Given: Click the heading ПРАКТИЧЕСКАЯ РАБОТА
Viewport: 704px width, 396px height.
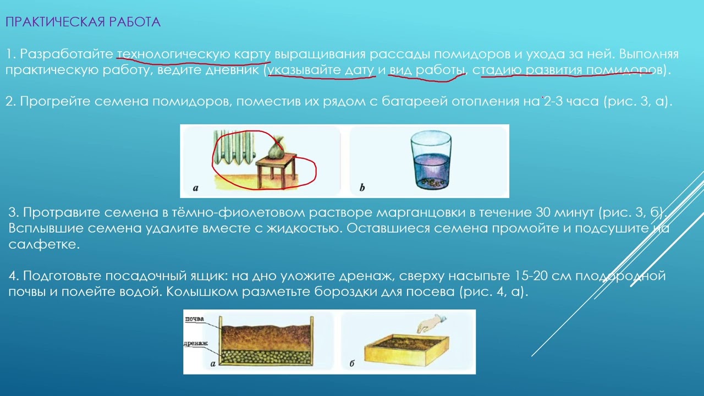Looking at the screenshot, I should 82,22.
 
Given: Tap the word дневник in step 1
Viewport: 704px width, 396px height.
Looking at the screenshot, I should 228,70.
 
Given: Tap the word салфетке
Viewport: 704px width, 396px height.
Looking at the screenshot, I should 44,245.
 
